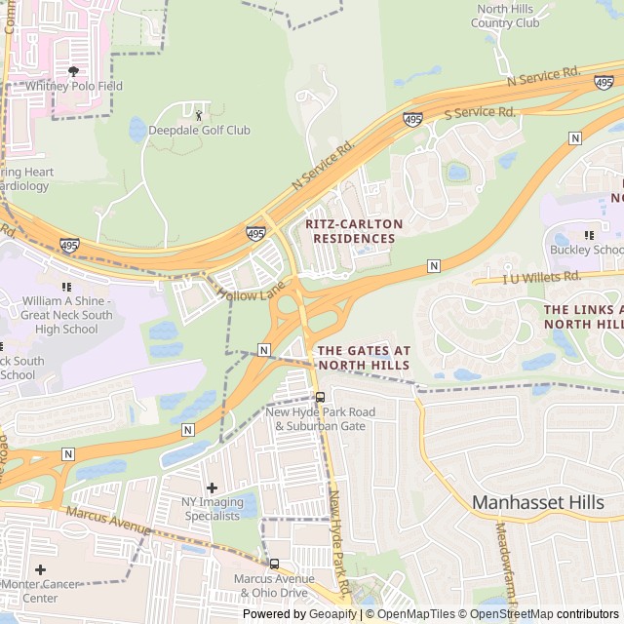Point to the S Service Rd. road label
[480, 113]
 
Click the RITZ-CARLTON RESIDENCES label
[354, 231]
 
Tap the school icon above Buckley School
[588, 235]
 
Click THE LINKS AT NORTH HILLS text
[583, 316]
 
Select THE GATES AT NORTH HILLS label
[363, 358]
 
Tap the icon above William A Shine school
[66, 287]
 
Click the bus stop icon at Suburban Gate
[320, 397]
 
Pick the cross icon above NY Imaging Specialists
[212, 487]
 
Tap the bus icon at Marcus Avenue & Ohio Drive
[274, 564]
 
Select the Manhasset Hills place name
[546, 502]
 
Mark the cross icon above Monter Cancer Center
[40, 569]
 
